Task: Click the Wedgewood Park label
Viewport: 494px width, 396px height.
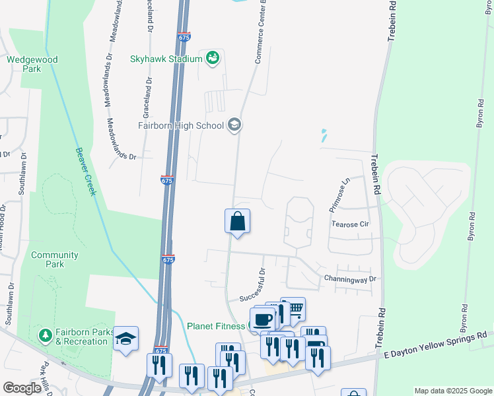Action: (32, 64)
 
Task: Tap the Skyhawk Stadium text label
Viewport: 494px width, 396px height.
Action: (166, 59)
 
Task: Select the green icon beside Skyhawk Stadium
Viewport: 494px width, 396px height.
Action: (213, 59)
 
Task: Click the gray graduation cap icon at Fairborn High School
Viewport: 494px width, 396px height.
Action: (234, 124)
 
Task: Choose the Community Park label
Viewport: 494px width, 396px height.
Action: (54, 259)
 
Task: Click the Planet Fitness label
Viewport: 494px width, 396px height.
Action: (216, 325)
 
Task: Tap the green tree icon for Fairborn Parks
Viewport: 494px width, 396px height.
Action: (45, 335)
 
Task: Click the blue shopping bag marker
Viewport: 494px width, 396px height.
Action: (237, 222)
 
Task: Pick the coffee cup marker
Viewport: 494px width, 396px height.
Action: (263, 319)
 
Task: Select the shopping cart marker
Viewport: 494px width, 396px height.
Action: (294, 308)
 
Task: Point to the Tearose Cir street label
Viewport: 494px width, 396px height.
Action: (350, 224)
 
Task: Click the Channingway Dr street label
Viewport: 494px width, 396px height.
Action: (349, 279)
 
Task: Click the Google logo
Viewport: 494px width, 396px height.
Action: (22, 388)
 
